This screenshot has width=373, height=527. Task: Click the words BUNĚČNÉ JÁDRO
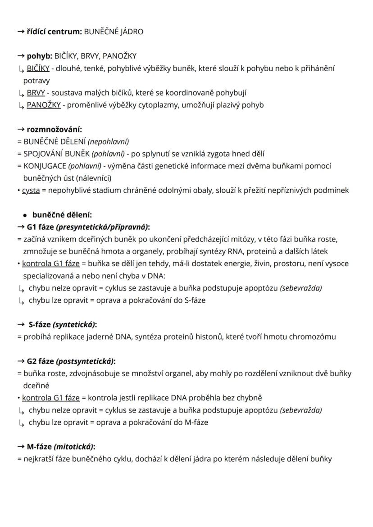(x=114, y=32)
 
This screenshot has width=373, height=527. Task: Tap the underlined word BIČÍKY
(x=38, y=68)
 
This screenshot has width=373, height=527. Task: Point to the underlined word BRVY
(x=36, y=93)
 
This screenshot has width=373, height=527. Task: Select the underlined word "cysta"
(x=31, y=191)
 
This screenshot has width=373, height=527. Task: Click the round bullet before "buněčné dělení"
(x=26, y=215)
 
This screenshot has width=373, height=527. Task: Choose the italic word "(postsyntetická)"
(x=85, y=361)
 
